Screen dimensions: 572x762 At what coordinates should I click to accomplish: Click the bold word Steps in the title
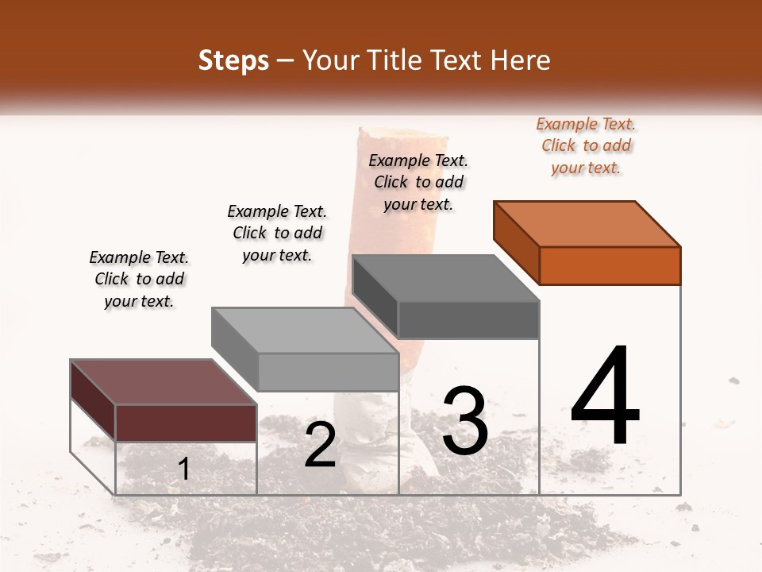tap(233, 60)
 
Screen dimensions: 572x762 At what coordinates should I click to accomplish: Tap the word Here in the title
tap(520, 60)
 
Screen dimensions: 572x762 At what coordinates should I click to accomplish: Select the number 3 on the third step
tap(465, 420)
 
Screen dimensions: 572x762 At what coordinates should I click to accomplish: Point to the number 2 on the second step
tap(320, 445)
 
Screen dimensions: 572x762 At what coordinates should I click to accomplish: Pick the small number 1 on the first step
tap(184, 469)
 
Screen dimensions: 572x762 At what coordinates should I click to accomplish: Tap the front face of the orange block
tap(610, 265)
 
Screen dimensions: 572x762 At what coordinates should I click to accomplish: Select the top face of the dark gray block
tap(445, 278)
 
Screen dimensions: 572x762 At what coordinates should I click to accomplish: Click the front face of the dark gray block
tap(468, 320)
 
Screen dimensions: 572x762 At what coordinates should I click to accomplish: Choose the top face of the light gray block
tap(305, 330)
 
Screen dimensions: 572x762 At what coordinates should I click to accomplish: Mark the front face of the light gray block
tap(328, 372)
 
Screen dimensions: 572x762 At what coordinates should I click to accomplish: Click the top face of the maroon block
tap(164, 381)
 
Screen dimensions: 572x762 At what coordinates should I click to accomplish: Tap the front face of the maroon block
tap(186, 423)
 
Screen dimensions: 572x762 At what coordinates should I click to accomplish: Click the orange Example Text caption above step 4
tap(587, 145)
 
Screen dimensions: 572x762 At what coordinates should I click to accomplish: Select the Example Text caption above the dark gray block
tap(418, 182)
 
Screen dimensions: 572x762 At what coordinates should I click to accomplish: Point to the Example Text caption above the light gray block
tap(277, 233)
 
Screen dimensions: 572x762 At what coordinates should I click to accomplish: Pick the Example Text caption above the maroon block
tap(139, 279)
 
